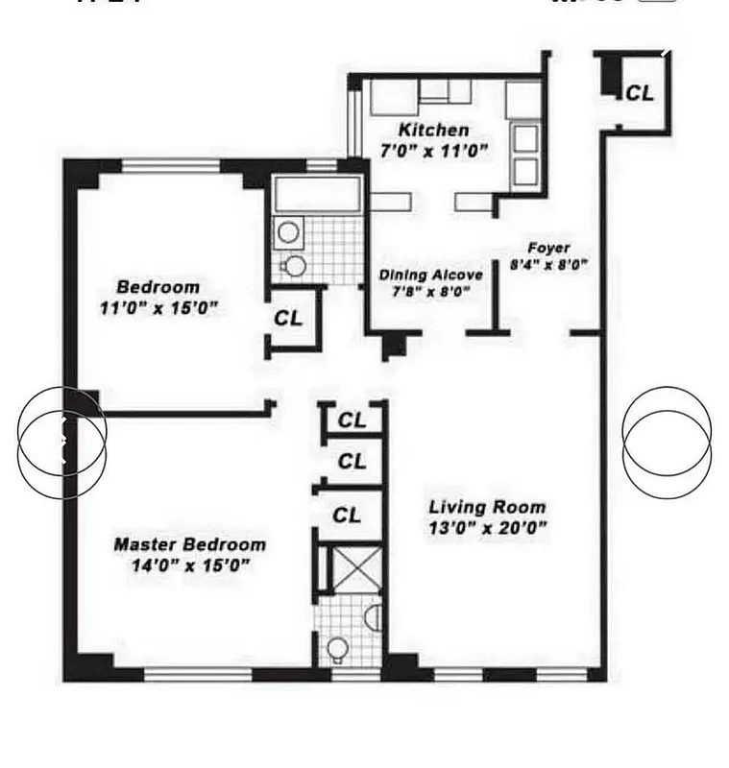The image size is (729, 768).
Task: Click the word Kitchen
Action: (434, 131)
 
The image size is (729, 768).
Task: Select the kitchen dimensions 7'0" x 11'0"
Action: (433, 150)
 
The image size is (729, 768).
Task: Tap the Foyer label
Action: (548, 248)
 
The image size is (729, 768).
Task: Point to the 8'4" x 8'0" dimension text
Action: (548, 263)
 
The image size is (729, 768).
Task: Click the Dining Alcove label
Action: (430, 275)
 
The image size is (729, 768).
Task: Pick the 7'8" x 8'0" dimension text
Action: (430, 290)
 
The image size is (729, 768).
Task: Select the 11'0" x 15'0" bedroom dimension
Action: (158, 307)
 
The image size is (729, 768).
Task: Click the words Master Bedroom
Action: (190, 544)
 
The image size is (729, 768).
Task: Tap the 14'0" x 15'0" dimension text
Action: (190, 565)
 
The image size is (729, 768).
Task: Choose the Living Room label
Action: (487, 507)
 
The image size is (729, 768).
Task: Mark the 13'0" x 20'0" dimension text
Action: (487, 527)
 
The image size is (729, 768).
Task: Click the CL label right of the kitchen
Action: (640, 93)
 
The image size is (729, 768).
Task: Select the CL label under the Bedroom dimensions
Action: (288, 318)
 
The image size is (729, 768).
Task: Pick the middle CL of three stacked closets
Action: (352, 462)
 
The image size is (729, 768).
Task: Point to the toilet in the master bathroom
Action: (337, 649)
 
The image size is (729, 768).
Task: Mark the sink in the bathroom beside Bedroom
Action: (286, 230)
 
